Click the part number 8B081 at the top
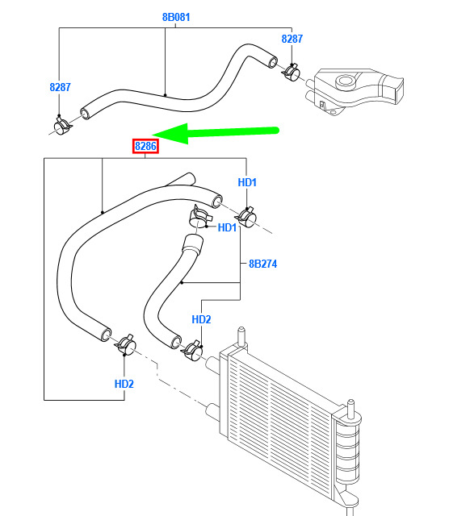(x=176, y=17)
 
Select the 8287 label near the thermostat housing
(x=292, y=39)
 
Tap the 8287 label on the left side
(x=60, y=87)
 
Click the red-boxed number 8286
(x=145, y=146)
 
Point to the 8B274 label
(x=262, y=264)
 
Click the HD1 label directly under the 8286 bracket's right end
(x=247, y=182)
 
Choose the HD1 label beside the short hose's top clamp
(x=227, y=227)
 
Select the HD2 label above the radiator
(x=201, y=319)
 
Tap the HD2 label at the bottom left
(x=124, y=384)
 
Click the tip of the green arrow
(x=153, y=135)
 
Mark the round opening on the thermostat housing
(x=345, y=81)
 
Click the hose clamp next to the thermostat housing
(x=292, y=72)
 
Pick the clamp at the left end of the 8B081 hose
(x=62, y=125)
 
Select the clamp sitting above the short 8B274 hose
(x=199, y=216)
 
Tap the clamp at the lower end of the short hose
(x=192, y=351)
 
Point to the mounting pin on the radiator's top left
(x=241, y=336)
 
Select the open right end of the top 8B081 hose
(x=272, y=62)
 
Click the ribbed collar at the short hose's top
(x=192, y=243)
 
